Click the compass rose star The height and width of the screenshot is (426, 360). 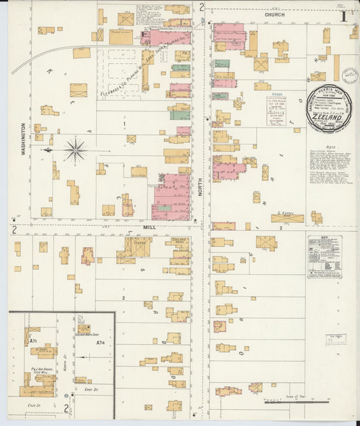coord(75,149)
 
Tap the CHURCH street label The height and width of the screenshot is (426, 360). coord(275,14)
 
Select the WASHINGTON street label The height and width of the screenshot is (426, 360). coord(23,139)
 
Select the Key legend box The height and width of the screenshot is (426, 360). coord(325,257)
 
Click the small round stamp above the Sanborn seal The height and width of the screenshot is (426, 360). coord(349,75)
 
